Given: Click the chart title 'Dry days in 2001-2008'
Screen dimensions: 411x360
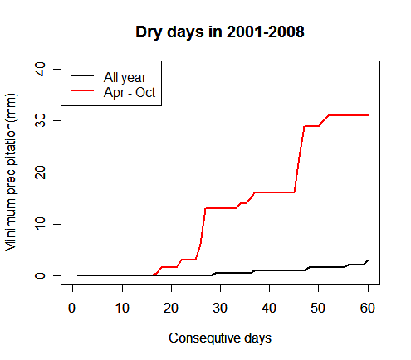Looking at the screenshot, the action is coord(220,32).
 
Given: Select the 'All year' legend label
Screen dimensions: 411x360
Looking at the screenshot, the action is coord(125,77).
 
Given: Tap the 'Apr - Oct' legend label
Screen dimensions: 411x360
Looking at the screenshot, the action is coord(130,92).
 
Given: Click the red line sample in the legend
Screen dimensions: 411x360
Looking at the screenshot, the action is coord(82,90).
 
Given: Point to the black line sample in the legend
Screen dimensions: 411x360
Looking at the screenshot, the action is coord(82,75).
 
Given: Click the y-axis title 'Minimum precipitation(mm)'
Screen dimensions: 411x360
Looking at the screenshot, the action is coord(11,173).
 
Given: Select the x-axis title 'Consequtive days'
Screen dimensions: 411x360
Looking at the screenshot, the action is coord(220,338).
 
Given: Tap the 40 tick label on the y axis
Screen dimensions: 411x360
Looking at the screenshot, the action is coord(40,69).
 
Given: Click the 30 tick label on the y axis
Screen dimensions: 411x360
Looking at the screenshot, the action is coord(40,121).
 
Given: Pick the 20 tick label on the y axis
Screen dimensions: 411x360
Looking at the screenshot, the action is coord(40,173).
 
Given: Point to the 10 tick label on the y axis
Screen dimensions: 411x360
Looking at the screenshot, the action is coord(40,224).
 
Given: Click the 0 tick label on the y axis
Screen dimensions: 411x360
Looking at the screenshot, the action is coord(40,275).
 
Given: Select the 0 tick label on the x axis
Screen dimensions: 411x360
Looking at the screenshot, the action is coord(72,308).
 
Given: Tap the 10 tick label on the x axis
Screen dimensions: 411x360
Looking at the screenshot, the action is coord(122,308).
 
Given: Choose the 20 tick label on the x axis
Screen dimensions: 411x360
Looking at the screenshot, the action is coord(171,308).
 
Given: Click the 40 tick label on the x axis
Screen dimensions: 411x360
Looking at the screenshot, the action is coord(269,308).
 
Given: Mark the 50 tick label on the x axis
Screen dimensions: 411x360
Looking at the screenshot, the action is coord(318,308).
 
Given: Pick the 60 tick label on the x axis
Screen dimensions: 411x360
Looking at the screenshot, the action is coord(368,308).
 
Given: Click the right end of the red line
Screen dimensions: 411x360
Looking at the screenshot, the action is coord(368,115).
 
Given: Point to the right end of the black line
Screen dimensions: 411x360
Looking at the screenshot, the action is coord(368,260).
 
